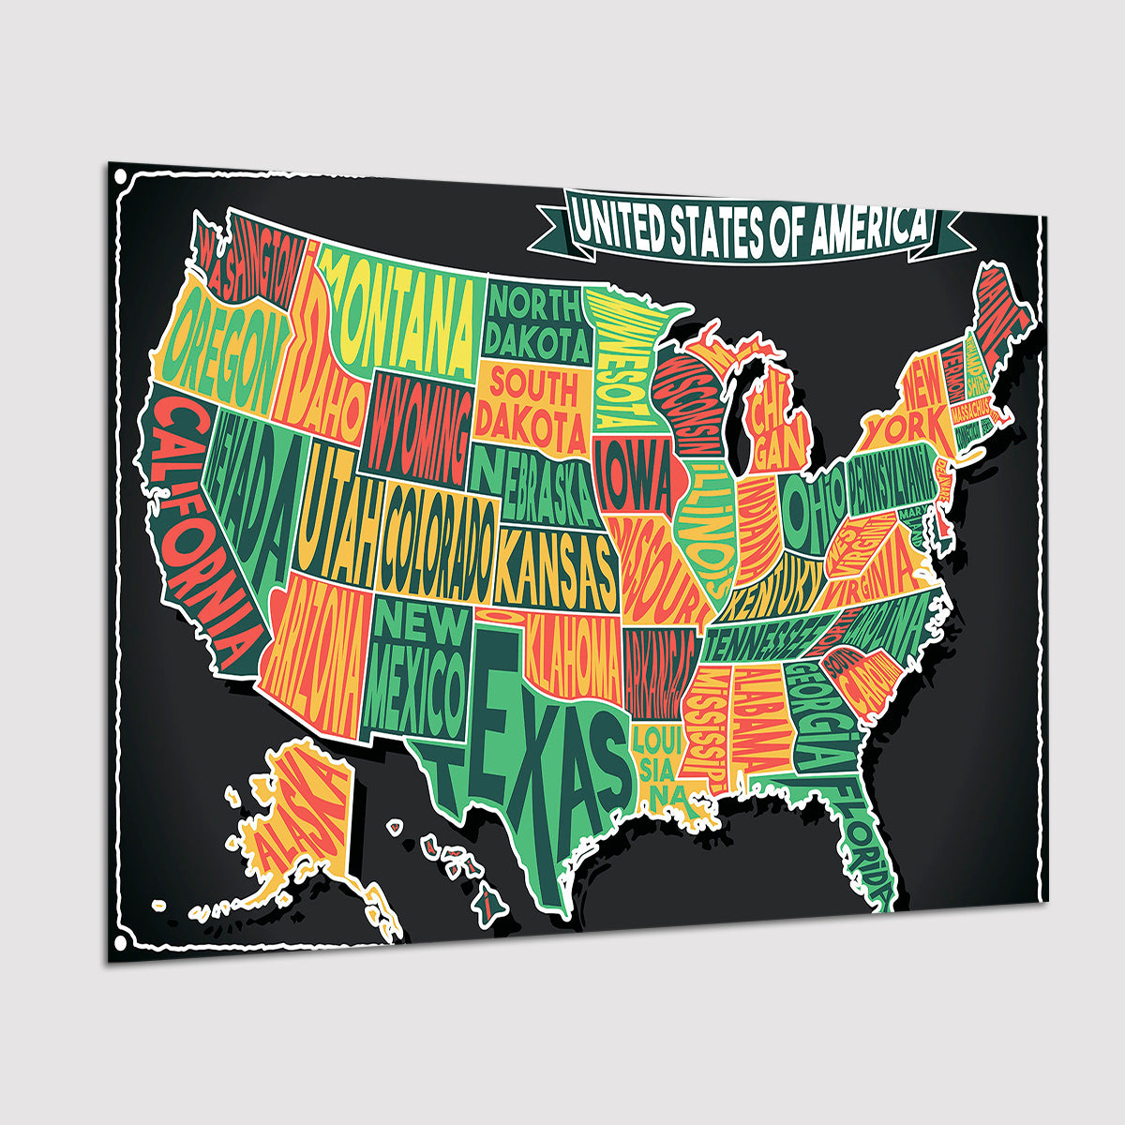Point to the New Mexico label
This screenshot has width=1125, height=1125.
[x=414, y=670]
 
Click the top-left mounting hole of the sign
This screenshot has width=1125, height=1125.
[x=119, y=175]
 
